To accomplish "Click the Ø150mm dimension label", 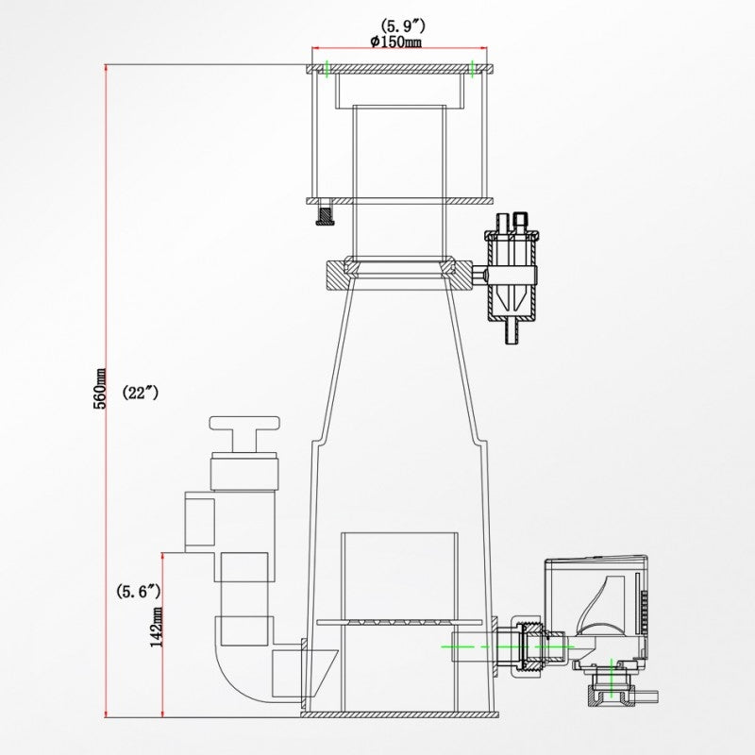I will [397, 42].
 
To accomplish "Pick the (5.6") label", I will [138, 592].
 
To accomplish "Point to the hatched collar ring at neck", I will [397, 275].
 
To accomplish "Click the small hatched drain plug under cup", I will [326, 216].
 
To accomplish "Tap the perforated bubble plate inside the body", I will [404, 622].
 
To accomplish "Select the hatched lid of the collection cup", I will [399, 70].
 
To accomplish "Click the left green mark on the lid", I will [326, 69].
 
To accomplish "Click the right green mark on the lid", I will [471, 69].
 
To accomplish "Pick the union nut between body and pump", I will [526, 646].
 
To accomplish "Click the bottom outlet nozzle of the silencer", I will [512, 333].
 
